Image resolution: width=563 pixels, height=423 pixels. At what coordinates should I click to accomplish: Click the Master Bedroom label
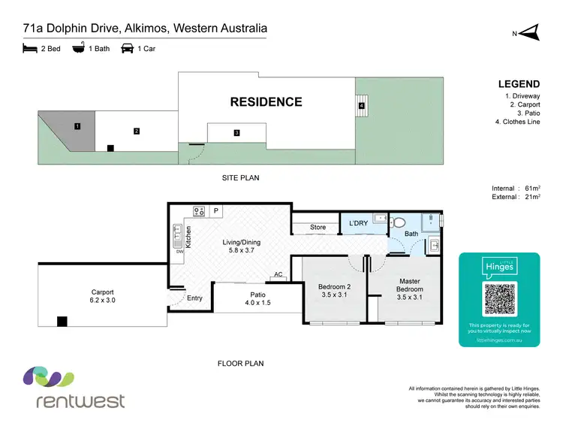(x=411, y=285)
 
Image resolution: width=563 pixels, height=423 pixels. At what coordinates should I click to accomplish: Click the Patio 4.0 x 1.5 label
(x=257, y=299)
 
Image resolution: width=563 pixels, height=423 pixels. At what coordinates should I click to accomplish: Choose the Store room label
(x=318, y=227)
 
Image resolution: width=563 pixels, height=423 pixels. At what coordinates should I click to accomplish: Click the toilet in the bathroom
(x=399, y=222)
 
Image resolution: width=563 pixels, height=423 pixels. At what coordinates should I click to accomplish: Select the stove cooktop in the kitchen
(x=200, y=211)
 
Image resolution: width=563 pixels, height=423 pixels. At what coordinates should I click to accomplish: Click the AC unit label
(x=278, y=275)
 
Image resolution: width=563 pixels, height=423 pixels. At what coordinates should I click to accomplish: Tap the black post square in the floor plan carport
(x=62, y=322)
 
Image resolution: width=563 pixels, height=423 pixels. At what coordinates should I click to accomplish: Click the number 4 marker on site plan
(x=361, y=106)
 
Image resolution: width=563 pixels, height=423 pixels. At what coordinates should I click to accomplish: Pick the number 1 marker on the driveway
(x=77, y=126)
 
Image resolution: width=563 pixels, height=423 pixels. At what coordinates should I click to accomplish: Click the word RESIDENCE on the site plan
(x=266, y=102)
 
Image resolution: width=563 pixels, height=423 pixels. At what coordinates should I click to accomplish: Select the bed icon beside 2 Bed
(x=30, y=49)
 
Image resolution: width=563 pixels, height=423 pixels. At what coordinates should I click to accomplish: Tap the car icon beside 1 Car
(x=127, y=49)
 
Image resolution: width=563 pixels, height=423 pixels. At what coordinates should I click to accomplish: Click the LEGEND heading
(x=519, y=84)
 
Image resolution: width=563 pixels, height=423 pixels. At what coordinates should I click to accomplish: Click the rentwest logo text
(x=80, y=400)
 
